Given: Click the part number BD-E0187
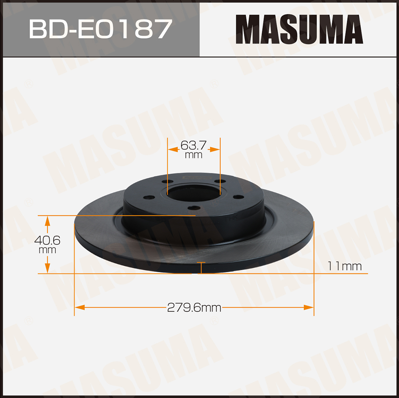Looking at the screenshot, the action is (100, 29).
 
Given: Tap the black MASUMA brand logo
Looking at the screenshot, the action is (299, 29).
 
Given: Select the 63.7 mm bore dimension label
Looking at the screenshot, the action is (194, 150).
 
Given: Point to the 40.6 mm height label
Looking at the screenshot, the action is (47, 244).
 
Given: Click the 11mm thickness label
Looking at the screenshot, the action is (344, 266).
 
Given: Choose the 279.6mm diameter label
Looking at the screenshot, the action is (194, 308).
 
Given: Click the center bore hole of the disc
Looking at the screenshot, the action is (194, 193).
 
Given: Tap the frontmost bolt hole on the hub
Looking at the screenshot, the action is (194, 208).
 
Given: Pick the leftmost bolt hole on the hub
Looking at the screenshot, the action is (149, 197).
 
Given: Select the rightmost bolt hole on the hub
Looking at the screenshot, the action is (239, 197).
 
